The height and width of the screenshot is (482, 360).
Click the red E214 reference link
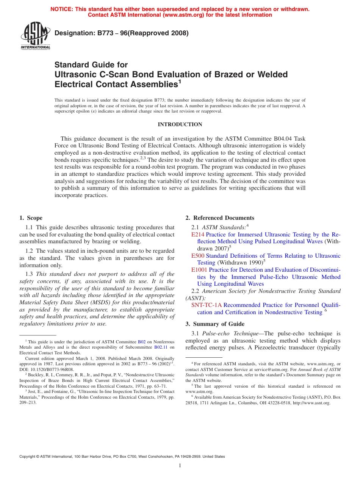198,235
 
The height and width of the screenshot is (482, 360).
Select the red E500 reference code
198,256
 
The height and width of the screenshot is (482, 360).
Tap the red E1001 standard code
199,270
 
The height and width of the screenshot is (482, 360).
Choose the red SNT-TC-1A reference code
206,305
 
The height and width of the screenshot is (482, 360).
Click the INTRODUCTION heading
180,124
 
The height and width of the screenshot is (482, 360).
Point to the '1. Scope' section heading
31,218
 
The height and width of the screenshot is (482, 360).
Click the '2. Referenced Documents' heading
220,218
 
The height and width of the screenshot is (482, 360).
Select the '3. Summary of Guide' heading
215,324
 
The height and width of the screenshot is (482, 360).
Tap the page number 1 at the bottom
180,466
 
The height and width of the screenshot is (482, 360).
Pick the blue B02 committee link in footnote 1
141,341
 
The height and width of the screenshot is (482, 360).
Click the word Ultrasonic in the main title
75,74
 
